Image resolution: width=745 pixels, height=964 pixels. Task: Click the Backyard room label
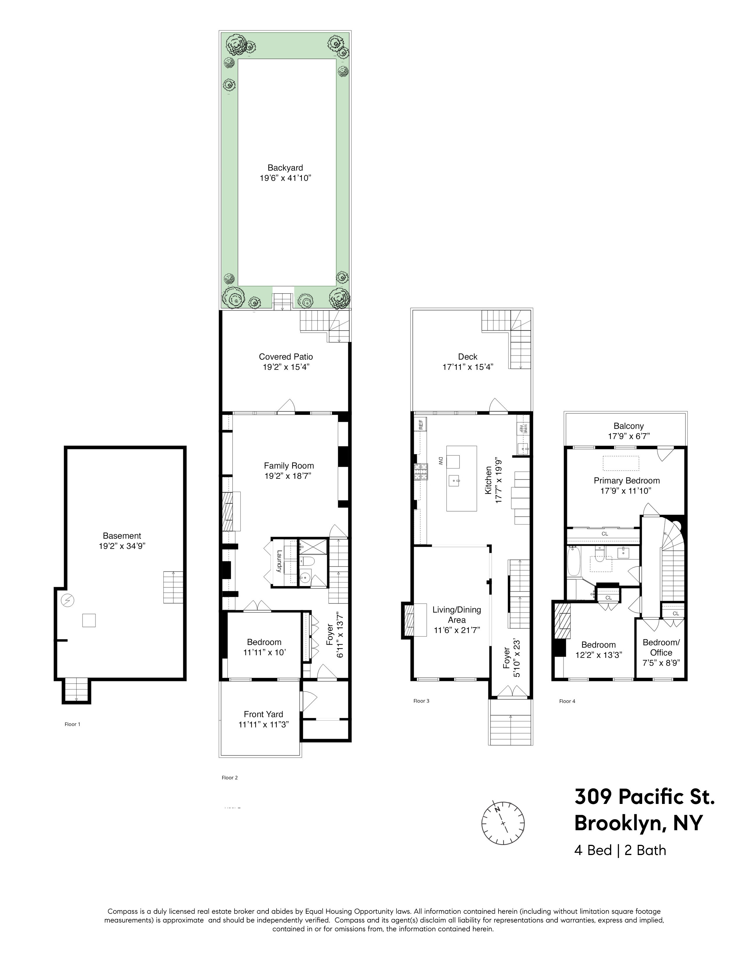[285, 168]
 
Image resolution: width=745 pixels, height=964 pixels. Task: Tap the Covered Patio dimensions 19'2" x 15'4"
[285, 367]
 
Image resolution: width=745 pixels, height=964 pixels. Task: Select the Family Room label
[289, 466]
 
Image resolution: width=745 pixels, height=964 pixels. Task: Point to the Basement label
[122, 536]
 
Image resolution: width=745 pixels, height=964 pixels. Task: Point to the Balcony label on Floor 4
[628, 426]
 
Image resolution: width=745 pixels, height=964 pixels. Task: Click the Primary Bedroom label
[627, 481]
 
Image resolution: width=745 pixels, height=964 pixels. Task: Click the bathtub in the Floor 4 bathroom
[573, 561]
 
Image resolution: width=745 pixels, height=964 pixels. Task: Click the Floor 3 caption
[421, 701]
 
